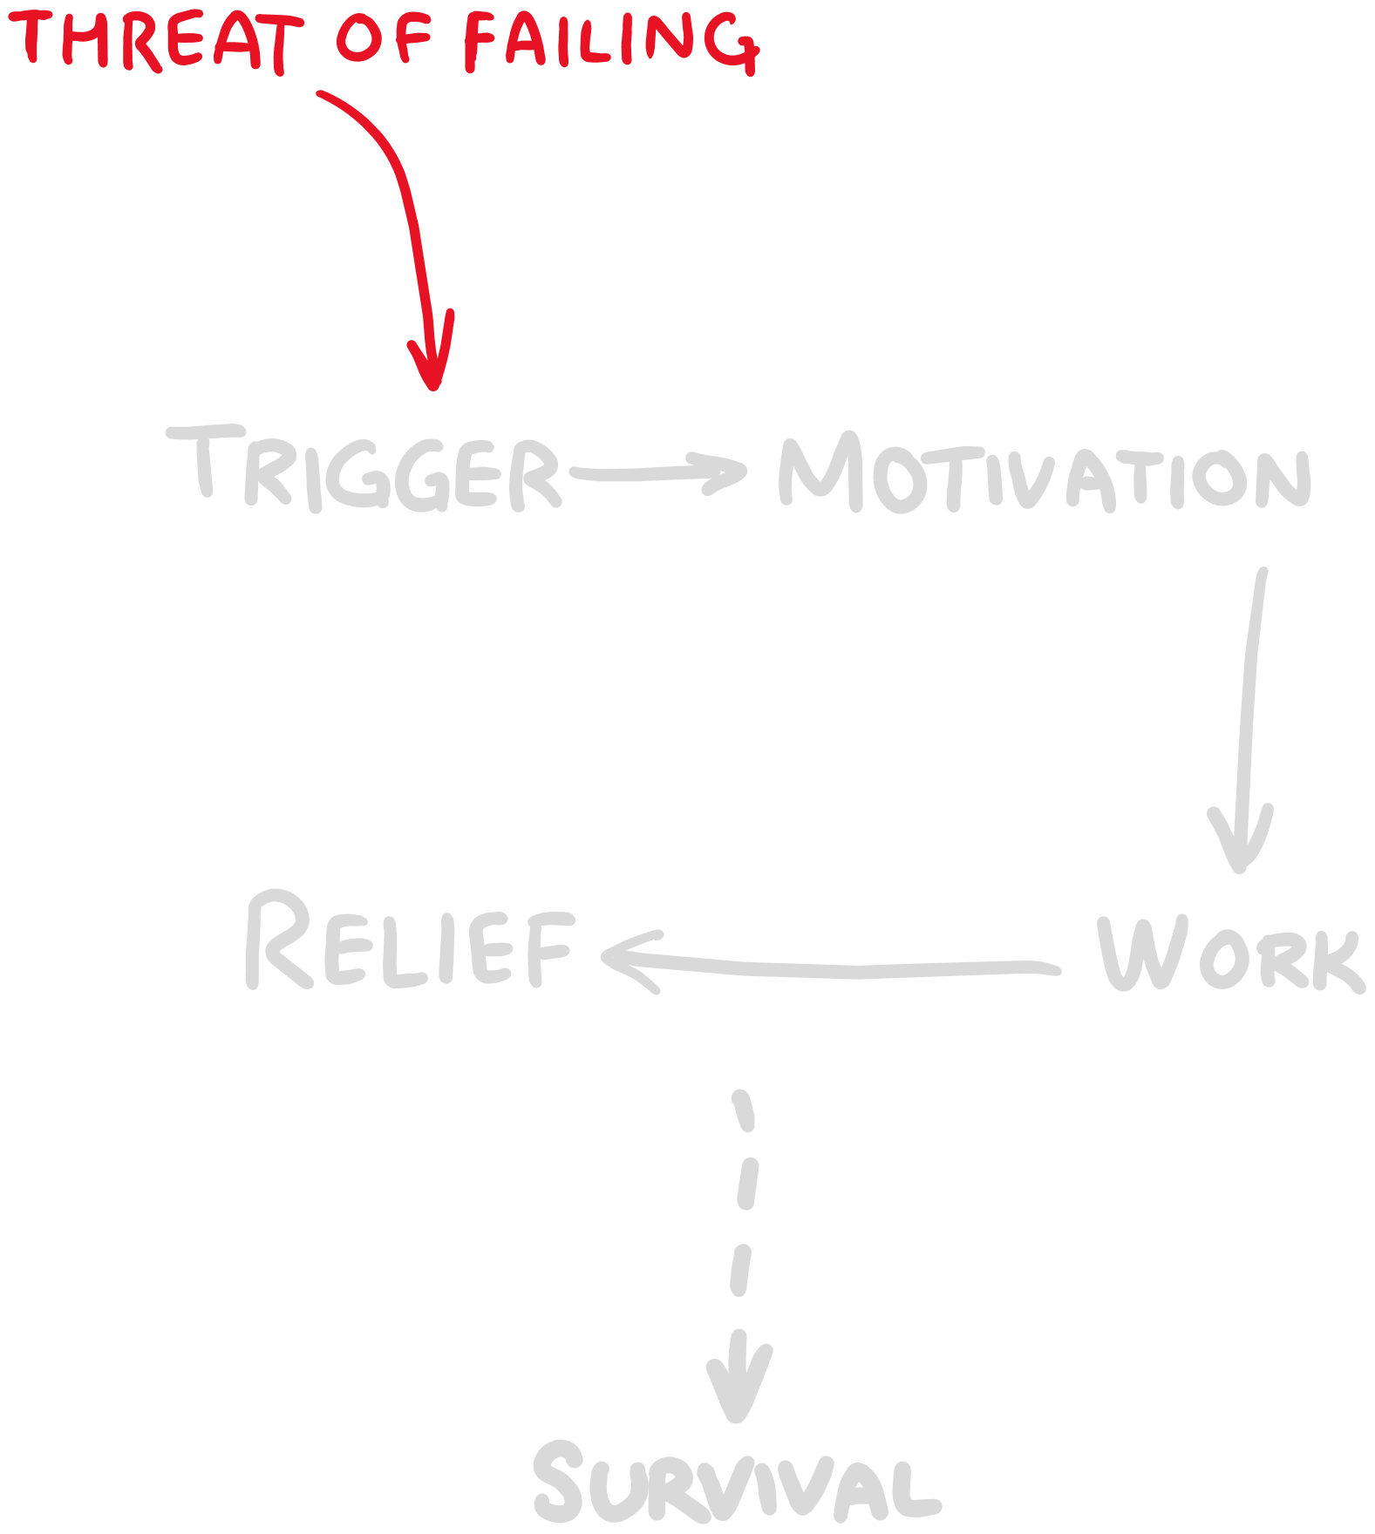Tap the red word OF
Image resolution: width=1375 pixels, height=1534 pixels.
tap(385, 39)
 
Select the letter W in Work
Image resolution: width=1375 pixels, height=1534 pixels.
tap(1133, 954)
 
